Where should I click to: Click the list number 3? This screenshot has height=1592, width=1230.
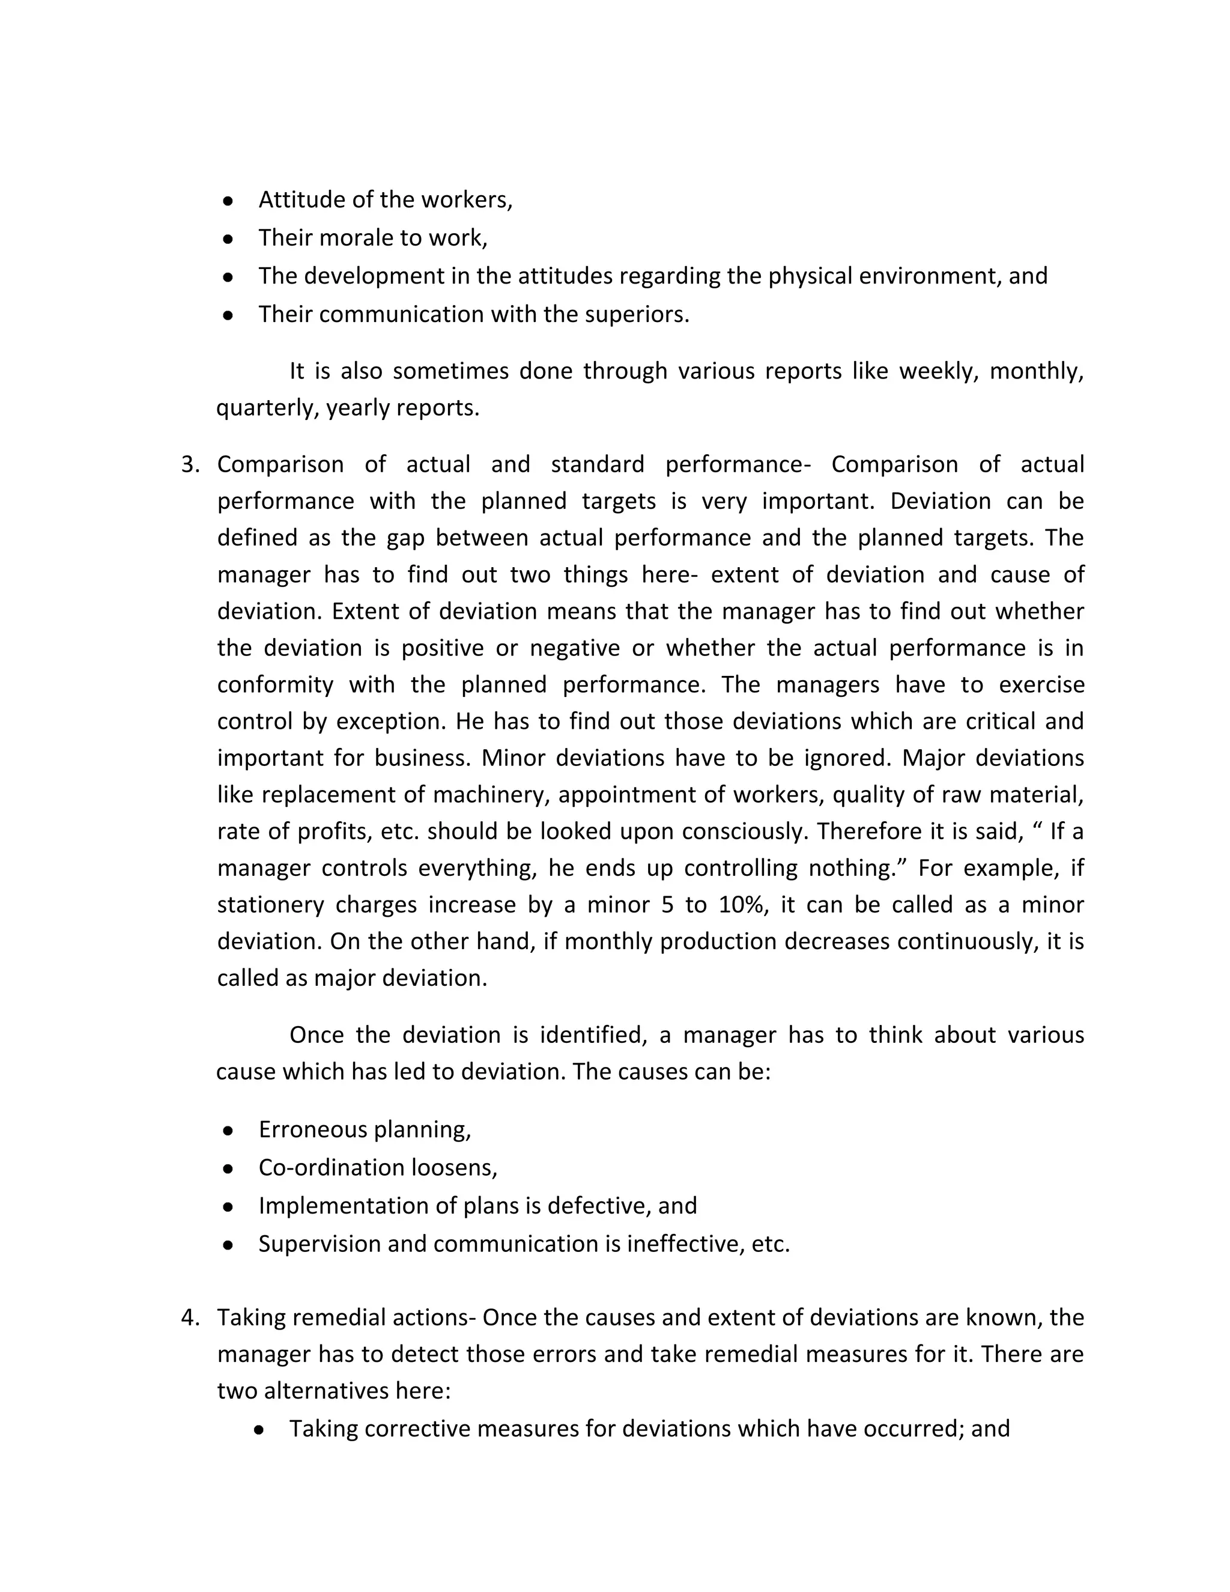pos(189,465)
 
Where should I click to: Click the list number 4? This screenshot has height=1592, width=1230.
pos(189,1317)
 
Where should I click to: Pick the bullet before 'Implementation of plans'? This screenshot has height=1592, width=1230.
pos(228,1207)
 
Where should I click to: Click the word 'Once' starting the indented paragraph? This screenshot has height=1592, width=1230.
pos(317,1034)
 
